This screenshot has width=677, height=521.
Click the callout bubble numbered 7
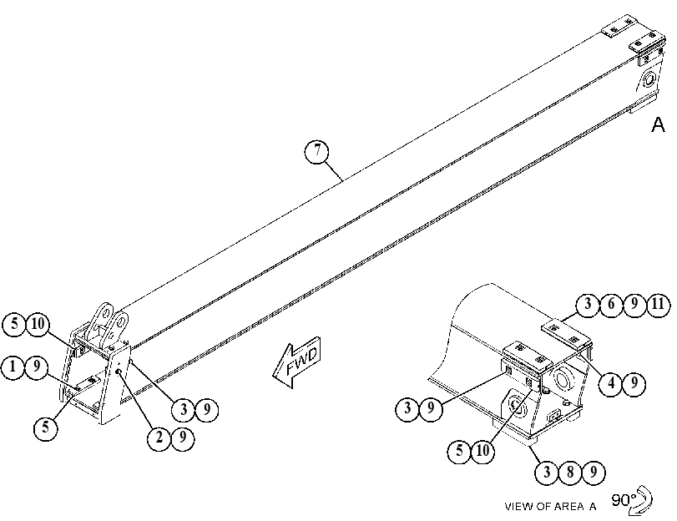click(x=317, y=151)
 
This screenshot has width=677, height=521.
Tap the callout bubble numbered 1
click(x=13, y=367)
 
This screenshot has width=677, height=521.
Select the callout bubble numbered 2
click(x=159, y=438)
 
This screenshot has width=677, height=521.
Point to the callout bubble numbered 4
click(x=610, y=383)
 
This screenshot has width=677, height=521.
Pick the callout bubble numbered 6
click(x=610, y=305)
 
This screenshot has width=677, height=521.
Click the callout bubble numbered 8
click(x=570, y=473)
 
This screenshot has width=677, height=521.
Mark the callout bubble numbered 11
click(x=658, y=305)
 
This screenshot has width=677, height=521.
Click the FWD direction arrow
click(x=297, y=362)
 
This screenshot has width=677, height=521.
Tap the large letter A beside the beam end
click(x=658, y=124)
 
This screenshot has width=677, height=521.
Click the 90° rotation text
click(x=624, y=500)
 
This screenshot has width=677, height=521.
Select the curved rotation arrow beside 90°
click(x=642, y=501)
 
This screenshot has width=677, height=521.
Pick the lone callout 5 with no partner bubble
click(x=46, y=428)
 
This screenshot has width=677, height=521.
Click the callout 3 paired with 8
click(x=547, y=473)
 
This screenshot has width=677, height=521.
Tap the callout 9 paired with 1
click(x=36, y=367)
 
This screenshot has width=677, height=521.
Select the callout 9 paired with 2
click(x=183, y=438)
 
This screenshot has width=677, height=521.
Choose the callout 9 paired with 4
click(x=634, y=383)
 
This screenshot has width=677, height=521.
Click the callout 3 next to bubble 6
click(x=587, y=305)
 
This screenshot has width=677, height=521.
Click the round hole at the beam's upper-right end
click(x=649, y=79)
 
